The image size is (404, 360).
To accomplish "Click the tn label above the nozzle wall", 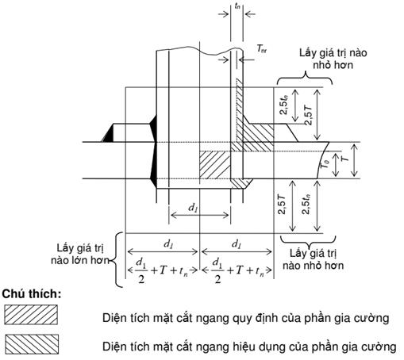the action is coord(237,6).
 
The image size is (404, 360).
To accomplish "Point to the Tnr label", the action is coord(262,49).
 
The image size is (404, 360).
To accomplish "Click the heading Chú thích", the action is coord(32,294).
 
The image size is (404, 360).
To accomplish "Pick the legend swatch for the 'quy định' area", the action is coord(31,315).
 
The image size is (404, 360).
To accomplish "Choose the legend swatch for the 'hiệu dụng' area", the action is coord(32,344).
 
